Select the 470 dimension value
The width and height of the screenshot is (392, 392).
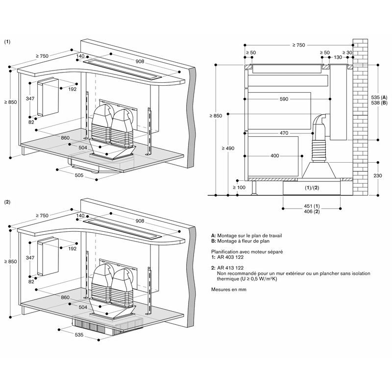click(x=283, y=133)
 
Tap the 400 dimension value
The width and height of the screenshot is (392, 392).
click(x=274, y=156)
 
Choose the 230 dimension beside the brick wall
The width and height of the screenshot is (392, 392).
click(x=377, y=176)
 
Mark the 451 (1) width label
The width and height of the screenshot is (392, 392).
click(x=312, y=205)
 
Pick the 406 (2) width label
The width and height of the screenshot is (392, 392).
click(x=312, y=211)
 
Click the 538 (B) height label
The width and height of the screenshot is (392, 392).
click(x=380, y=103)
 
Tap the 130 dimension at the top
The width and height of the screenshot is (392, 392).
click(x=338, y=58)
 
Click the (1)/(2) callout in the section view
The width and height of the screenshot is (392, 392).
click(x=312, y=188)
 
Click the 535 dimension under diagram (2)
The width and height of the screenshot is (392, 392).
click(x=79, y=335)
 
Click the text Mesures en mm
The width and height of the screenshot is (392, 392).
click(x=229, y=290)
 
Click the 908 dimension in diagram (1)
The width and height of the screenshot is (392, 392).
click(x=140, y=61)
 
